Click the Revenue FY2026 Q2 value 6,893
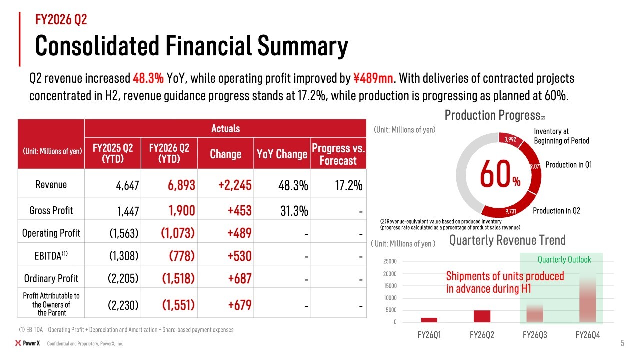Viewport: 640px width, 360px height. pos(181,185)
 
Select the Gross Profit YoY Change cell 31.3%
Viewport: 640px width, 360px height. pos(294,211)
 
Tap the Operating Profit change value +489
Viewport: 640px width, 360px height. pos(239,233)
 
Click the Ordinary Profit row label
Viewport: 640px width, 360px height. pos(51,278)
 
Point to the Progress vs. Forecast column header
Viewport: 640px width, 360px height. pos(338,154)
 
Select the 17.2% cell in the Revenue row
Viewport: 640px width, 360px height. pos(349,185)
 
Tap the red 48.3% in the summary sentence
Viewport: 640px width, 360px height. pos(148,78)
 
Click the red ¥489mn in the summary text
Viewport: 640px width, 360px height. pos(373,78)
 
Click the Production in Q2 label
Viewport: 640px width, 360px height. pos(556,211)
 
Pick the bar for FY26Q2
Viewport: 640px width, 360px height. pos(482,316)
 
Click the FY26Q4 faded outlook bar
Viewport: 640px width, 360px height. pos(587,300)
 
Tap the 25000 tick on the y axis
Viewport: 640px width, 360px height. pos(390,261)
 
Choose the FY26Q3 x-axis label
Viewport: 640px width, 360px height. pos(535,335)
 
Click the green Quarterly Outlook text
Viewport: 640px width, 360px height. pos(564,259)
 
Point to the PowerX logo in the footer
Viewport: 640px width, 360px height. pos(27,343)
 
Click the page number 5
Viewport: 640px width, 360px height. pos(622,343)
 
